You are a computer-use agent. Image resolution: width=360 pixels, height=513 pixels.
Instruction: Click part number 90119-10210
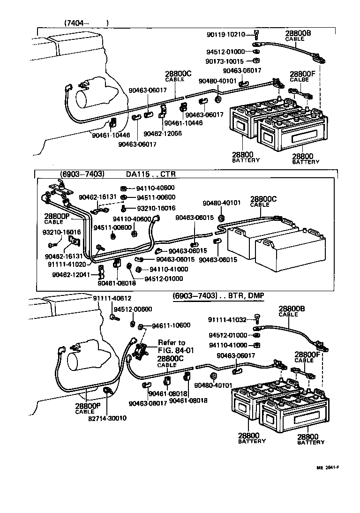coord(225,35)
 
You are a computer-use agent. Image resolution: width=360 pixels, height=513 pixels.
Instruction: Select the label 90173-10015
coord(225,61)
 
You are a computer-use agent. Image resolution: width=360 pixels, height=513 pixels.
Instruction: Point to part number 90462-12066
coord(163,133)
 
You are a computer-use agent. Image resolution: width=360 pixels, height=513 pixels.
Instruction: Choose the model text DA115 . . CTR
coord(150,174)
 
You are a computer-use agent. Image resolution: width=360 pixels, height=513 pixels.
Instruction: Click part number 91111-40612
coord(112,299)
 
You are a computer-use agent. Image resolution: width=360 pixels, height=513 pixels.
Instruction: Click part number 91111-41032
coord(227,320)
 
